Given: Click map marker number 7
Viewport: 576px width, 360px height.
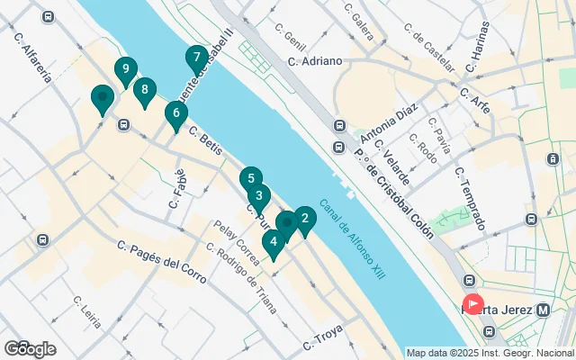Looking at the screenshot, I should pyautogui.click(x=196, y=58).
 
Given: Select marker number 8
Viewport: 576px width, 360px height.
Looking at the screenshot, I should pyautogui.click(x=144, y=90).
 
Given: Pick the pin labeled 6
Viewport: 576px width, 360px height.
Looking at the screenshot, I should pyautogui.click(x=176, y=114).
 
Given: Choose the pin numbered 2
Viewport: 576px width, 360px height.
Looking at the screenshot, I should pyautogui.click(x=305, y=219).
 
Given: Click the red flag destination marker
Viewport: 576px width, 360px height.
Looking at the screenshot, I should pyautogui.click(x=472, y=305).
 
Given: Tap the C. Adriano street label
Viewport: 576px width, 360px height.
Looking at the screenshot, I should pyautogui.click(x=315, y=61).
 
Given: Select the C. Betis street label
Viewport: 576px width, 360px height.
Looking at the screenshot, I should pyautogui.click(x=205, y=138).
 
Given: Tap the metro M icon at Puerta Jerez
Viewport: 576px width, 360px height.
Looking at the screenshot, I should pyautogui.click(x=543, y=310).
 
